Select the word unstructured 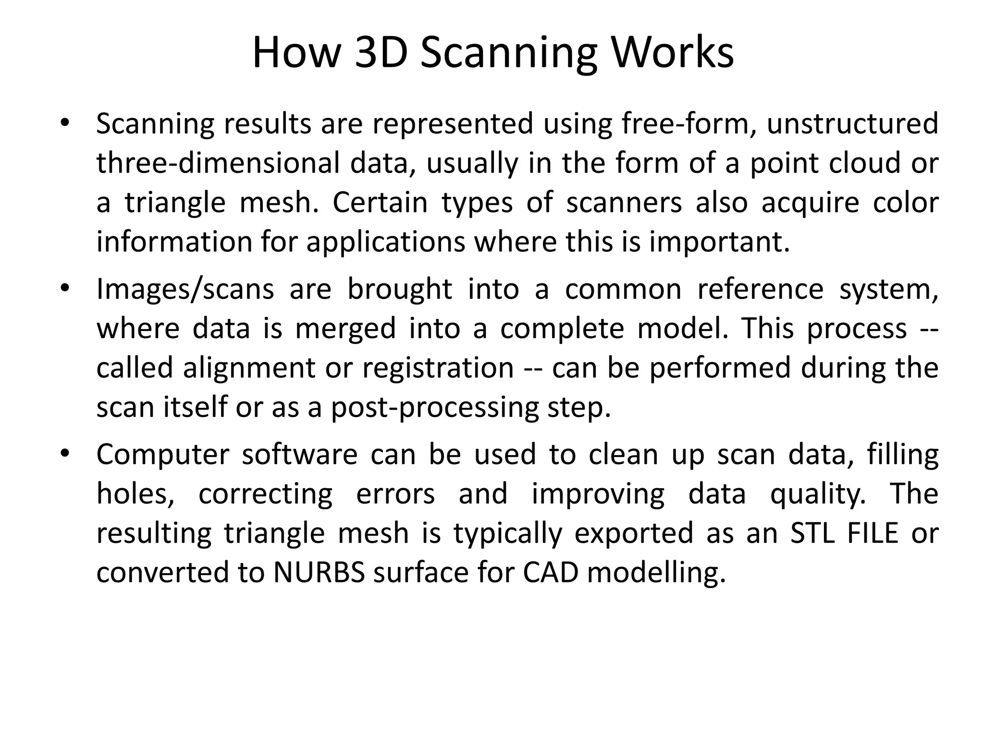click(x=852, y=123)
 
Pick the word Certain click(x=380, y=202)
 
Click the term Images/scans click(x=185, y=289)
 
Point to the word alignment click(x=249, y=368)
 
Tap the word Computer click(x=163, y=455)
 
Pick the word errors click(x=395, y=494)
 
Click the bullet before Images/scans click(x=65, y=289)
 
